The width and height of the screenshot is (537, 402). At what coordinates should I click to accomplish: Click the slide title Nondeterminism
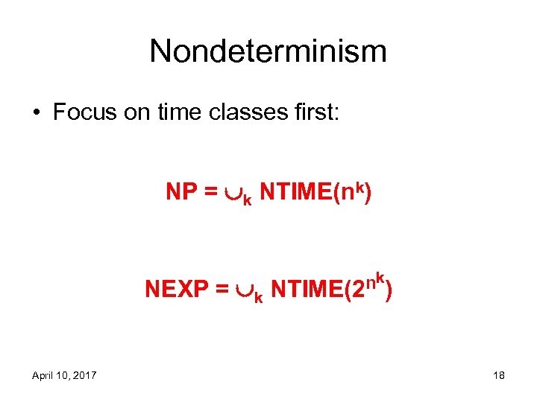coord(268,51)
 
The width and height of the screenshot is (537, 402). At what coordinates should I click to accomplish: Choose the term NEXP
coord(174,289)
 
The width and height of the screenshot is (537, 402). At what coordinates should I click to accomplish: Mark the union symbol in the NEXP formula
coord(242,290)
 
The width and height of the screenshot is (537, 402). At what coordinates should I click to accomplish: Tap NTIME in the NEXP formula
coord(307,289)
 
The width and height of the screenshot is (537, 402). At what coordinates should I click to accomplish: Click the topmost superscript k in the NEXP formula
coord(380,277)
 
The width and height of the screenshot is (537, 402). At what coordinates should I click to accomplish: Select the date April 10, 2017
coord(64,375)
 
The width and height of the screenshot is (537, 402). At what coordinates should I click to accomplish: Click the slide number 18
coord(498,375)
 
